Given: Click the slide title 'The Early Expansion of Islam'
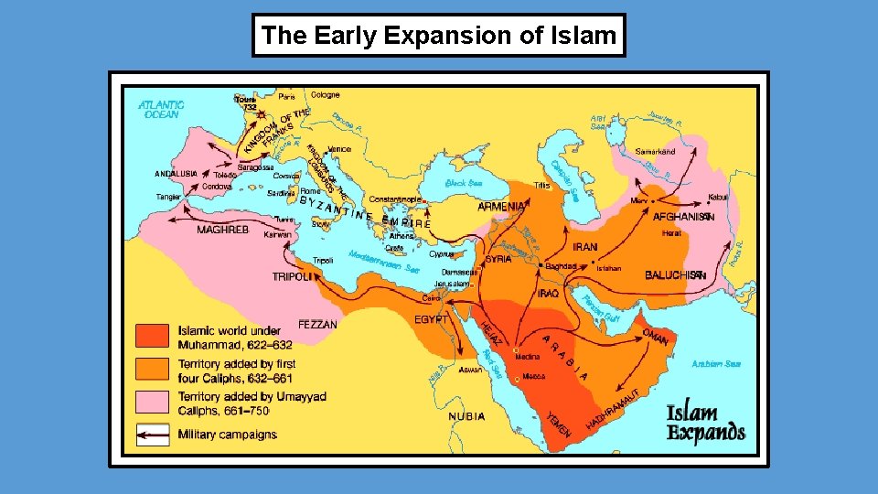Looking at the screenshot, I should click(439, 36).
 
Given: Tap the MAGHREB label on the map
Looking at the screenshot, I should click(222, 230).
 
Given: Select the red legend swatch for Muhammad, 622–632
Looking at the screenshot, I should click(153, 336).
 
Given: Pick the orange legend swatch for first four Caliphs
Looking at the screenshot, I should click(153, 369).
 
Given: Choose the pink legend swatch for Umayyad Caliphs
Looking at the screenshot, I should click(153, 402).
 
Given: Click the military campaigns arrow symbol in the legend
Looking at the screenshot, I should click(153, 434).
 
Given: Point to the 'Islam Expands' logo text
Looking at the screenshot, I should click(705, 422).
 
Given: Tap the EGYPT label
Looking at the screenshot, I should click(431, 319).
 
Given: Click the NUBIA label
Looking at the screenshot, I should click(466, 416).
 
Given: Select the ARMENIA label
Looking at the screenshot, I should click(500, 207).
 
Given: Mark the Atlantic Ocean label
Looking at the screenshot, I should click(161, 109).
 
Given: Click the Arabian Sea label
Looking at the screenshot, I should click(715, 364).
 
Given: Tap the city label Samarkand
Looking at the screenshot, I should click(655, 151).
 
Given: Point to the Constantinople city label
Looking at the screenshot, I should click(395, 199).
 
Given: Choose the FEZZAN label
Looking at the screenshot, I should click(317, 325).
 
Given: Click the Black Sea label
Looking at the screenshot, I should click(463, 183).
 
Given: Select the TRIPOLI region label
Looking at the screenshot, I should click(293, 276).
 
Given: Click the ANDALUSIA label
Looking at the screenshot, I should click(176, 174).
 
